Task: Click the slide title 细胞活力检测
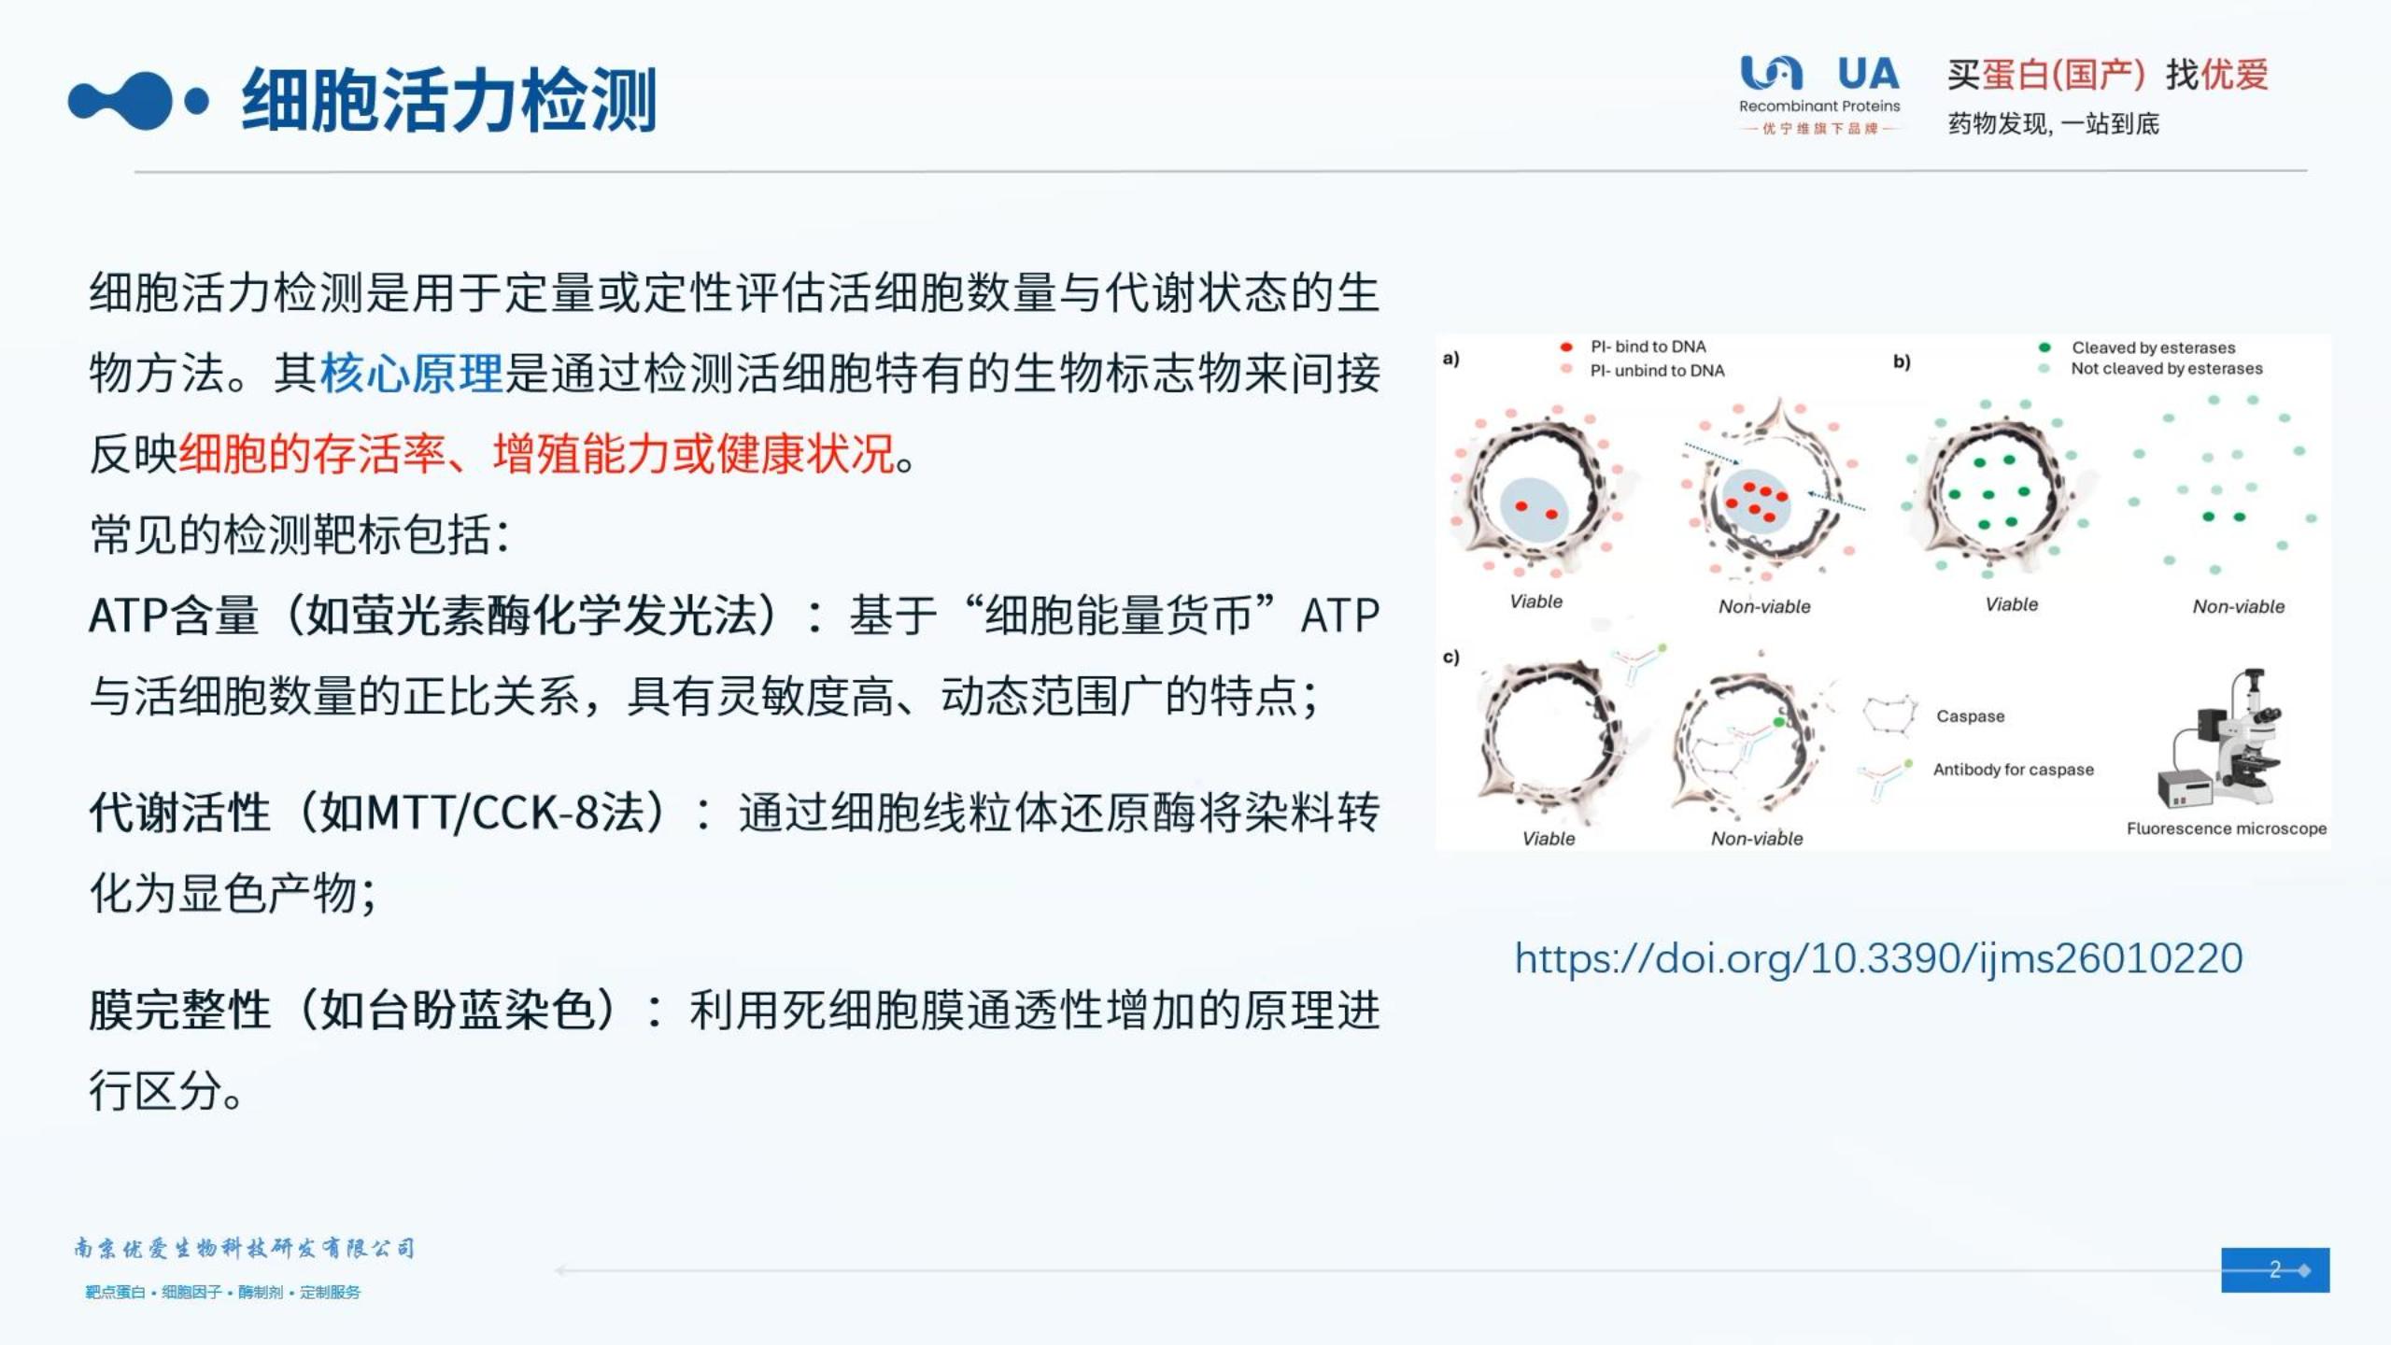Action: point(448,99)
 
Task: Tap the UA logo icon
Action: point(1771,73)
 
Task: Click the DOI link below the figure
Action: point(1878,958)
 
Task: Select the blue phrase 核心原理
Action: point(411,374)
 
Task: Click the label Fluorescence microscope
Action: point(2226,828)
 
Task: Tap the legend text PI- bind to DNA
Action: point(1648,347)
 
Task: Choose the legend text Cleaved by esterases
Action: point(2153,347)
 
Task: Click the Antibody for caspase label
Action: point(2013,770)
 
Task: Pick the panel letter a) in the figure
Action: point(1450,358)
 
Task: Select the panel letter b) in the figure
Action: point(1902,361)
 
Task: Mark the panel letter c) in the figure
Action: point(1450,657)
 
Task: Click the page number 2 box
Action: point(2274,1269)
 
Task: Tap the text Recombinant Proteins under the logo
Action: point(1818,106)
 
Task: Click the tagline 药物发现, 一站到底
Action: point(2053,124)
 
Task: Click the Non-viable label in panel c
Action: point(1756,839)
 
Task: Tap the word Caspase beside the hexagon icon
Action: point(1970,716)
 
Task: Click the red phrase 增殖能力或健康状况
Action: point(694,455)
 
